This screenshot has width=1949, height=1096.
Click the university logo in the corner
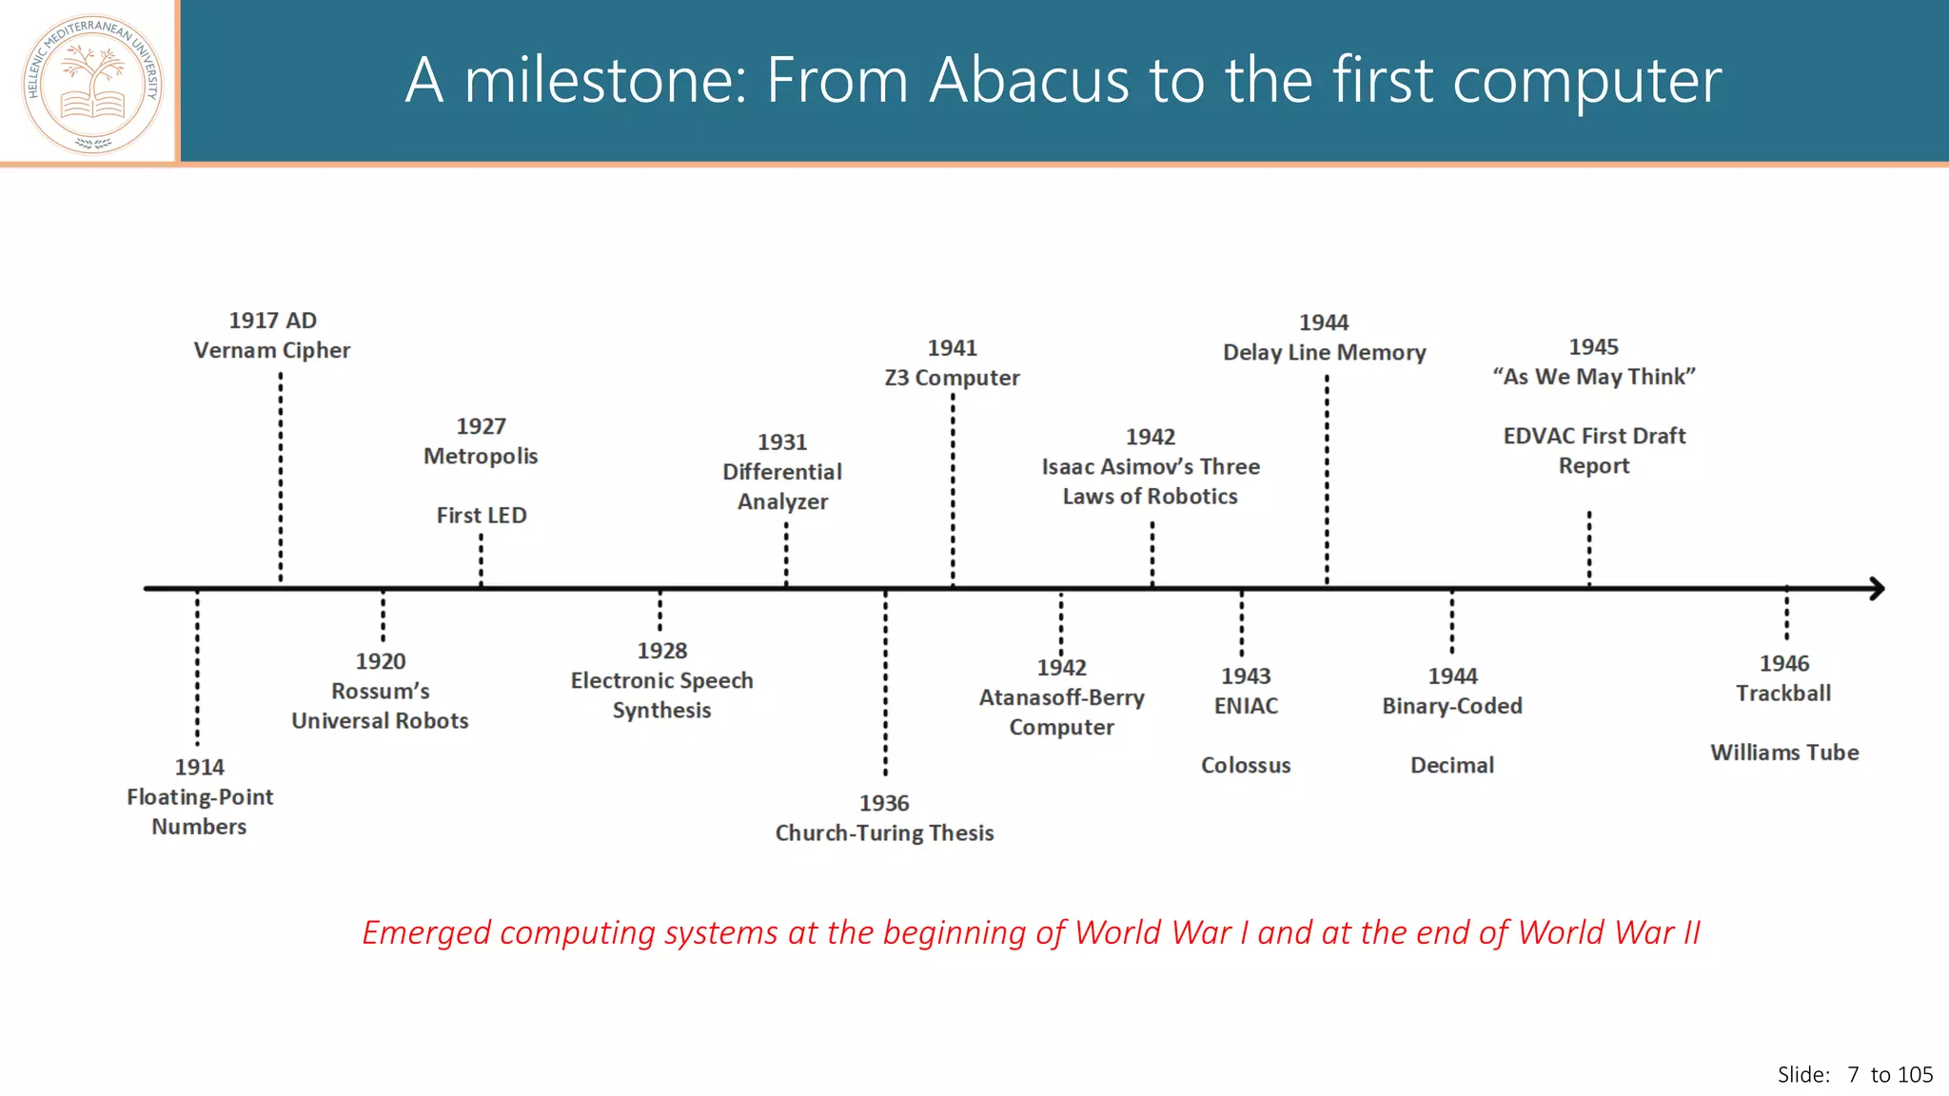92,84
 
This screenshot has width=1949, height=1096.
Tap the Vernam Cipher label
272,350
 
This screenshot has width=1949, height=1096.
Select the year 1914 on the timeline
199,767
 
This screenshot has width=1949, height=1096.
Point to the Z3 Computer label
952,378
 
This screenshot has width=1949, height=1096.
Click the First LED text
481,516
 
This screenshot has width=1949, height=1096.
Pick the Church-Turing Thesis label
884,833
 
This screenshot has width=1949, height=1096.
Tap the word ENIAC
1246,706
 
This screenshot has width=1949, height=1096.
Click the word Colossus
1246,766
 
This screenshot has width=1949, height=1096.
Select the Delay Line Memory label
1324,353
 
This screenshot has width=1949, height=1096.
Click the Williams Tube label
1784,753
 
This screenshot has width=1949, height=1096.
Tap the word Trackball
1782,694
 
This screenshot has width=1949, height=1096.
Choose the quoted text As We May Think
1594,377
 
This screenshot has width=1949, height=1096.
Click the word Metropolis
481,457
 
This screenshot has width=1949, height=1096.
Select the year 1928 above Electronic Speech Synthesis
661,651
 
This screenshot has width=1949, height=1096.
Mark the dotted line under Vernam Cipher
281,476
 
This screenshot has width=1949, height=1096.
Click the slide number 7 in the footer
1853,1075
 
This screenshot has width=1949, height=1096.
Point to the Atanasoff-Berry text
1061,697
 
